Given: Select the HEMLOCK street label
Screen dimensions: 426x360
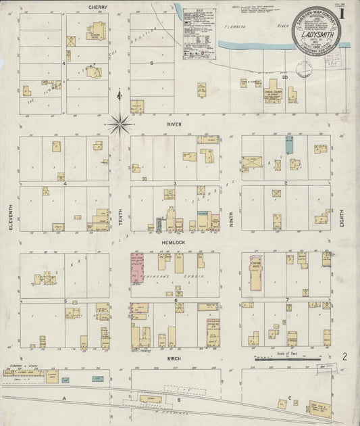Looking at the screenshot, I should (x=174, y=241).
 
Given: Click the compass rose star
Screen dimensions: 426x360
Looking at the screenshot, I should (x=119, y=123).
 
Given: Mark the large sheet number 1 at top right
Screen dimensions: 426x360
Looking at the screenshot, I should (x=345, y=11).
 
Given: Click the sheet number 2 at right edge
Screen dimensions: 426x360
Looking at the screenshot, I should (x=344, y=356).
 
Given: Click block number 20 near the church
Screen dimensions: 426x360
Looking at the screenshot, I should (x=285, y=76).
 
